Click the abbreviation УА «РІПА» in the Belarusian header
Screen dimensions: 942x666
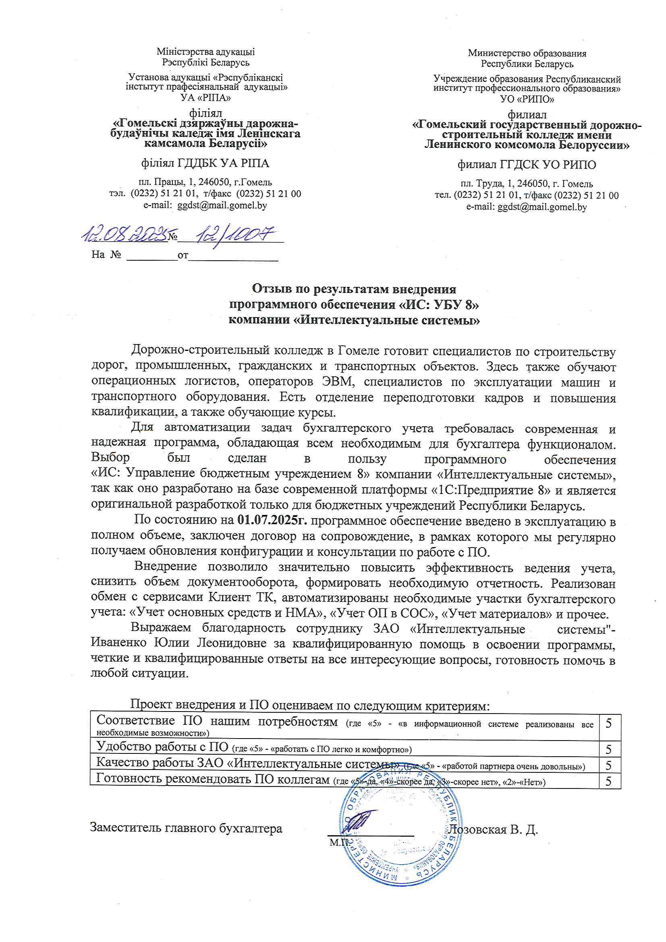click(205, 98)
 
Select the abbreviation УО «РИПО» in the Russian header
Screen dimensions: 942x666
click(527, 99)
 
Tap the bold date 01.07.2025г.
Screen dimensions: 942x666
click(272, 520)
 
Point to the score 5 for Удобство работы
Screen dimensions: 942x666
click(609, 749)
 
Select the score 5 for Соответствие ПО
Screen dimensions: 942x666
click(609, 723)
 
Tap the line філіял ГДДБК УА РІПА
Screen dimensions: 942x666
click(205, 163)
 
